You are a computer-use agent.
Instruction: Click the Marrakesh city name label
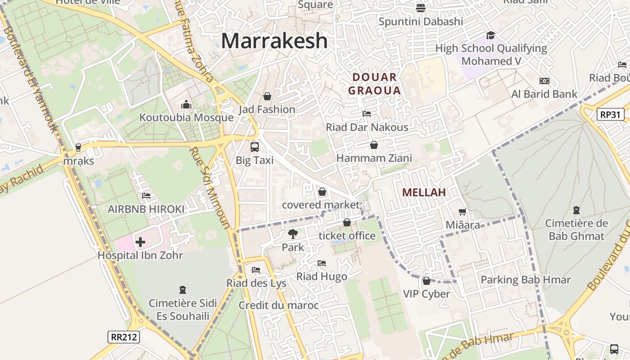(x=274, y=41)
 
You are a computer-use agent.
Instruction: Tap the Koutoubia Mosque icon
(x=186, y=105)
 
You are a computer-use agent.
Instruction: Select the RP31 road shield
(x=611, y=114)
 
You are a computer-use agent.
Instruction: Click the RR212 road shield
(x=124, y=337)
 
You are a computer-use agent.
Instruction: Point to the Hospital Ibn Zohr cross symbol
(x=140, y=242)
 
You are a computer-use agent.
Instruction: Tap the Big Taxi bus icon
(x=255, y=147)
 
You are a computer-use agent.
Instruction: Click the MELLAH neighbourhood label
(x=424, y=193)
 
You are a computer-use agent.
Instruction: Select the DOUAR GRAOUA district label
(x=374, y=84)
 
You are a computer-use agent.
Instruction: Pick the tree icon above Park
(x=293, y=234)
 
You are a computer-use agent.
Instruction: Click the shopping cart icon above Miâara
(x=462, y=211)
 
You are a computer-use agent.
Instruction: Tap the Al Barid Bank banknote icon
(x=544, y=81)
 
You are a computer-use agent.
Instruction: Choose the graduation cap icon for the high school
(x=490, y=35)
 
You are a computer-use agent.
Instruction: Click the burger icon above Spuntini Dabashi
(x=421, y=8)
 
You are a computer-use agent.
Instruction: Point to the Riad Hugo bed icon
(x=321, y=263)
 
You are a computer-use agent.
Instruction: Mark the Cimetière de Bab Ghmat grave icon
(x=576, y=210)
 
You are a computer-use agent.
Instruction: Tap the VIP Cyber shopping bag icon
(x=426, y=281)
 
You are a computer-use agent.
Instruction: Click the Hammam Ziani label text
(x=374, y=158)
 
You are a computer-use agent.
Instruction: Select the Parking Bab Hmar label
(x=525, y=280)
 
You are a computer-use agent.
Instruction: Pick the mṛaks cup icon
(x=78, y=147)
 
